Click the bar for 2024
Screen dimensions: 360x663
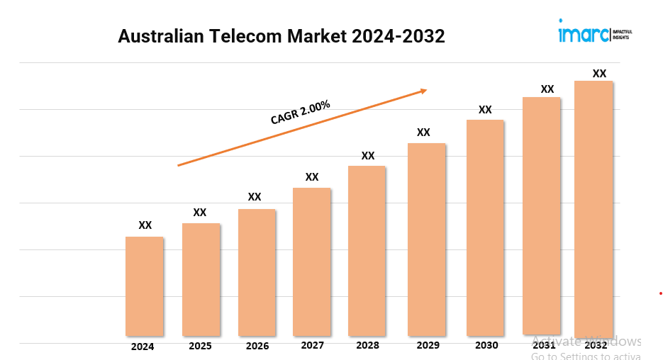pyautogui.click(x=145, y=286)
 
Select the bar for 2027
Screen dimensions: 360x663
pyautogui.click(x=312, y=262)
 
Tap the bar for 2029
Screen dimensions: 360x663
pyautogui.click(x=426, y=240)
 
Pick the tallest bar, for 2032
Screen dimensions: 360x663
pyautogui.click(x=594, y=209)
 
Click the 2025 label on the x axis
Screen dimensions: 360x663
pyautogui.click(x=200, y=347)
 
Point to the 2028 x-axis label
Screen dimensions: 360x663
pyautogui.click(x=367, y=345)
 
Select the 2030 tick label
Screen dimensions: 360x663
pyautogui.click(x=486, y=345)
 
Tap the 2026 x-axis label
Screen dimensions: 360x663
pyautogui.click(x=257, y=347)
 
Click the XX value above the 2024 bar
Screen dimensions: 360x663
pyautogui.click(x=145, y=225)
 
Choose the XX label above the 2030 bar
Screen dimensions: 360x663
pyautogui.click(x=485, y=110)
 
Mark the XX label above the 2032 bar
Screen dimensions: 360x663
pyautogui.click(x=599, y=74)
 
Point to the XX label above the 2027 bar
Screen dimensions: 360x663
pyautogui.click(x=312, y=177)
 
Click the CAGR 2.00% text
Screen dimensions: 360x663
pyautogui.click(x=300, y=113)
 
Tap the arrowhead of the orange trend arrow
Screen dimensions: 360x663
pyautogui.click(x=423, y=91)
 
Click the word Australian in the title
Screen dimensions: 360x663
pyautogui.click(x=159, y=37)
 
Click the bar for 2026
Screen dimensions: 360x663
pyautogui.click(x=257, y=273)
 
